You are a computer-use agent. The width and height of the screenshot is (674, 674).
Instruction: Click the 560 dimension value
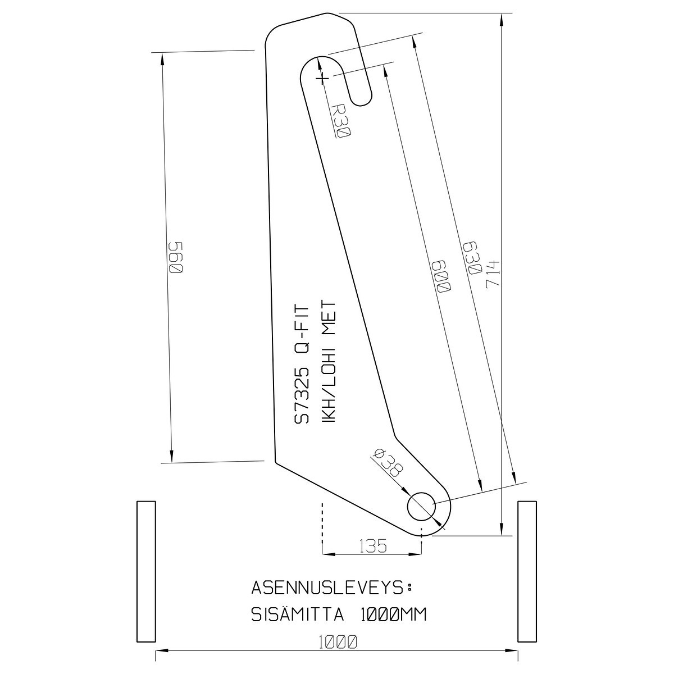[176, 258]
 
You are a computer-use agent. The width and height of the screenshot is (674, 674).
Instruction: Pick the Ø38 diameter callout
[388, 463]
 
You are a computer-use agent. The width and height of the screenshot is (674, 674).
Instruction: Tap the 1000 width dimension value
[338, 642]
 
